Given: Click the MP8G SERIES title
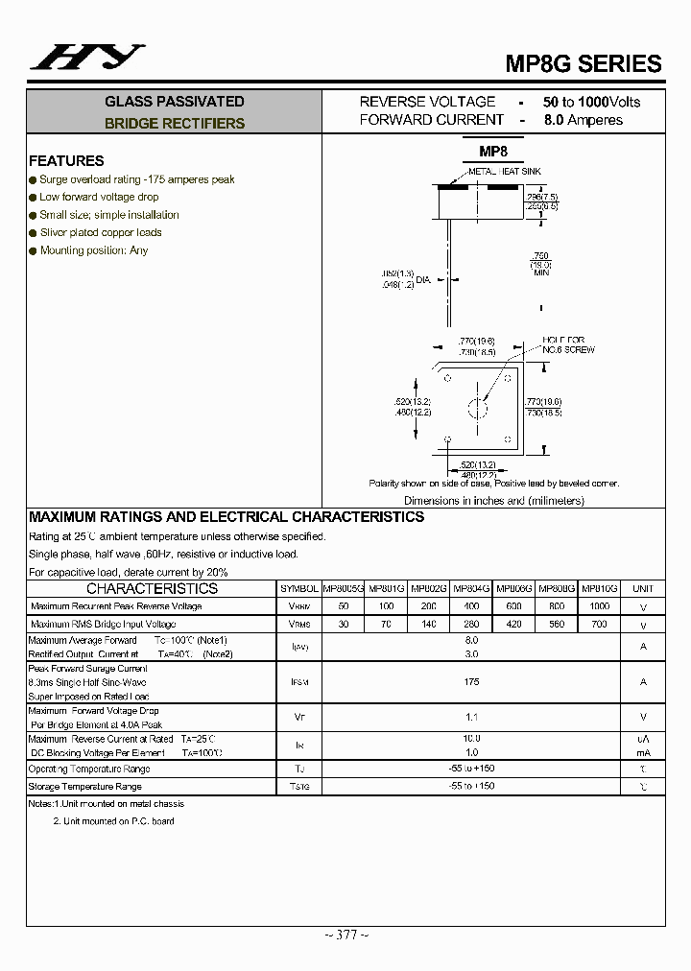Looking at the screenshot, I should (x=584, y=63).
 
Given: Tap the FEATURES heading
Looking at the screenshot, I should (x=66, y=160).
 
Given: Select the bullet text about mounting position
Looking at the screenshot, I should (x=94, y=250).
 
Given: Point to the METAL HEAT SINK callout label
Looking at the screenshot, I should (x=505, y=171).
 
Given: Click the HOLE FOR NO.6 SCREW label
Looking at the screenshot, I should (x=568, y=345).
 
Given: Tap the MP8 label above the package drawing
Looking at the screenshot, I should (x=493, y=152).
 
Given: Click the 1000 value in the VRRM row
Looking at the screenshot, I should (x=599, y=606).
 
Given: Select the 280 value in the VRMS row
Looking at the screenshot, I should (x=471, y=625).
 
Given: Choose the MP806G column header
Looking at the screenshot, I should (x=513, y=588).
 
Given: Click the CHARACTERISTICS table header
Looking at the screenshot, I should (x=152, y=588).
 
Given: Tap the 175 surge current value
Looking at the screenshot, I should (x=471, y=681).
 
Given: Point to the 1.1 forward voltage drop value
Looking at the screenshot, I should (x=471, y=717).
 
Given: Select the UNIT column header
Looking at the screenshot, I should (x=643, y=588).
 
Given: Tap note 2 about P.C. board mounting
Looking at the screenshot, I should (x=113, y=821).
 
